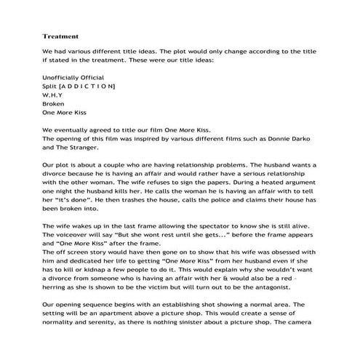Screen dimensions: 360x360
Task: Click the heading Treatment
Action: (60, 35)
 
